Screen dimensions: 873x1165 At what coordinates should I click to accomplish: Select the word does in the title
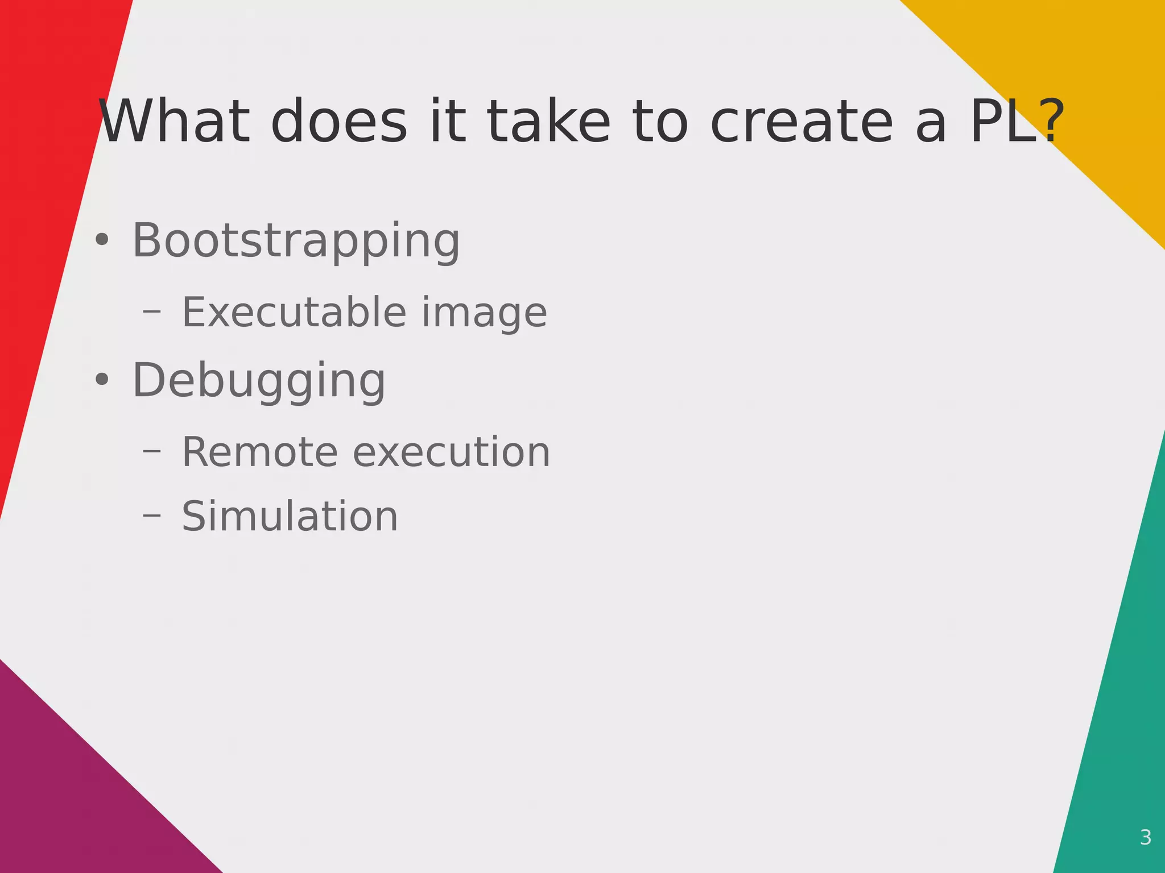[339, 122]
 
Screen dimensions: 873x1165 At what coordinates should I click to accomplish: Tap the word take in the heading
[548, 122]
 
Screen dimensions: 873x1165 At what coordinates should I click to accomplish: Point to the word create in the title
[802, 122]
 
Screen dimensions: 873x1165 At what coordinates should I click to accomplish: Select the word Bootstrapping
[296, 242]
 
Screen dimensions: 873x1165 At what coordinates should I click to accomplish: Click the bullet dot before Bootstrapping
[102, 240]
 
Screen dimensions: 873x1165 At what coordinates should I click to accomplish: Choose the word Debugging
[259, 381]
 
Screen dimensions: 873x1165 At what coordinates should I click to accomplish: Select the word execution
[452, 452]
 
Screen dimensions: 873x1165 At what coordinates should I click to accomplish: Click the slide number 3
[1146, 837]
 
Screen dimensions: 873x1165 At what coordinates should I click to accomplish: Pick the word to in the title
[660, 122]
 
